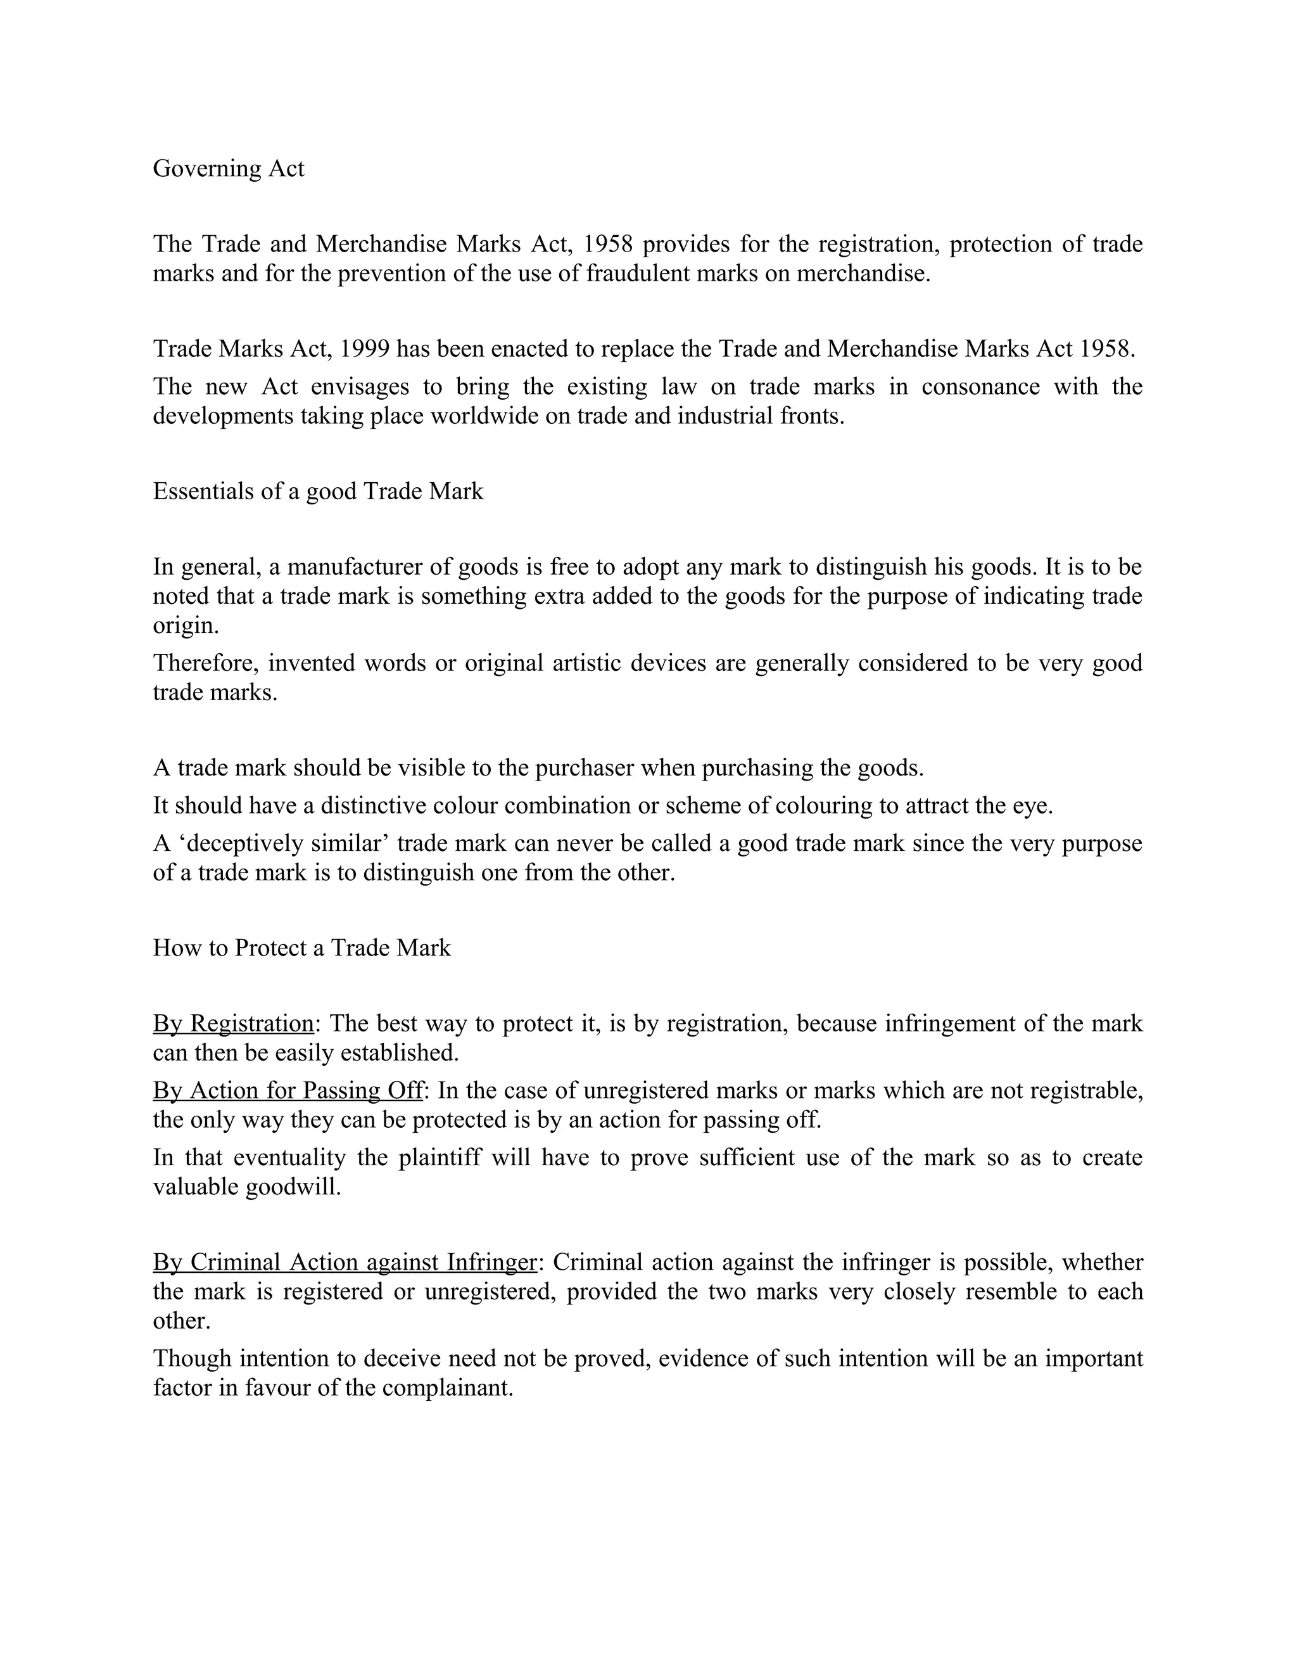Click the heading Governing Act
228,169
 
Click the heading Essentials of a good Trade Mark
318,490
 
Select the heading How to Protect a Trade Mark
301,947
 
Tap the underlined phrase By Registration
233,1023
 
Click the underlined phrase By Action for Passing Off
288,1090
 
